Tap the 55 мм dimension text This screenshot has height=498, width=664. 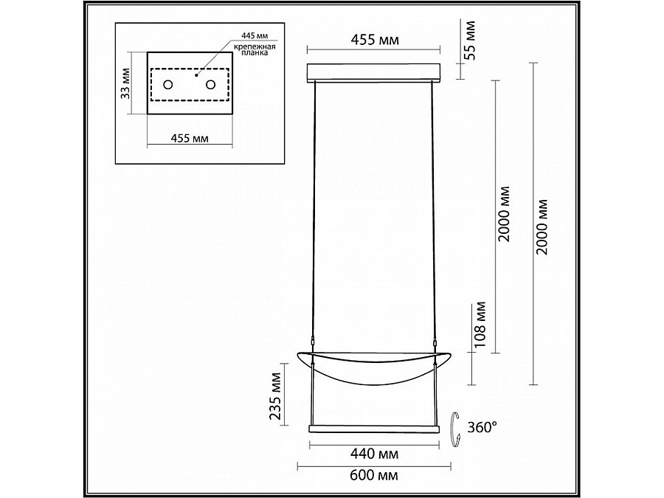pos(469,41)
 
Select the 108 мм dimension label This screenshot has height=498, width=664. pos(480,325)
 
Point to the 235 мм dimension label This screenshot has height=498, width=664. pos(276,395)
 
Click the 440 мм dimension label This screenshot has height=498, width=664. pos(374,454)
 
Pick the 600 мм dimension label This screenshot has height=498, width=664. pos(374,475)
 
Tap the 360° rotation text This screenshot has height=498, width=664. pos(482,427)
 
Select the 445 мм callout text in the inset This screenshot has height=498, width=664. pos(255,35)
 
